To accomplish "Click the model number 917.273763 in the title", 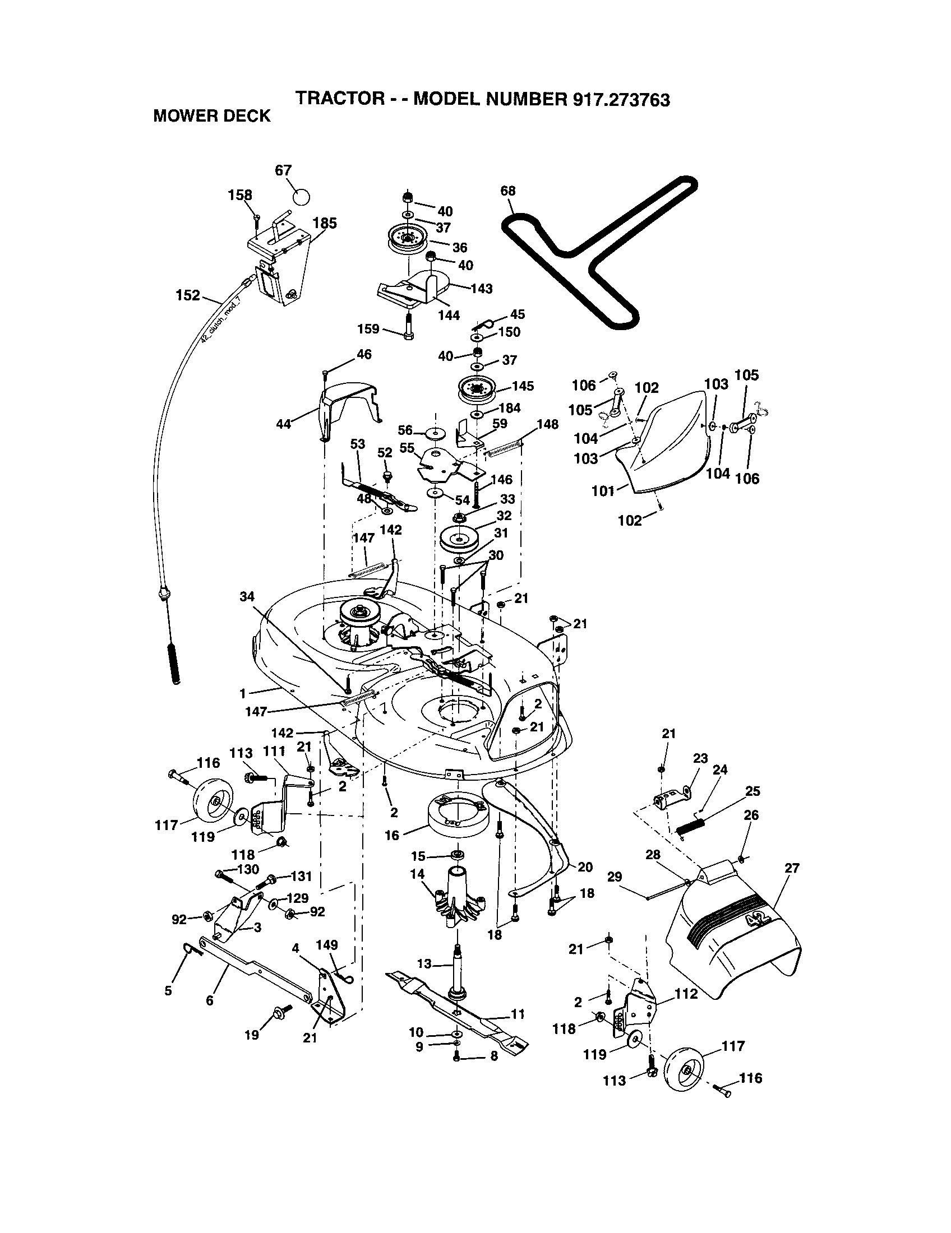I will (x=621, y=99).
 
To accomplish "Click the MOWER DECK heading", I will (x=212, y=117).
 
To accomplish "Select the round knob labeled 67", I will (x=302, y=197).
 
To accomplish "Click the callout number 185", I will (x=325, y=223).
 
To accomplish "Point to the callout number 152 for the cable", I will (x=188, y=295).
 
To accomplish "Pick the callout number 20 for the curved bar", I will (x=585, y=866).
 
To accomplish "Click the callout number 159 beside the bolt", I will (x=368, y=328).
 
